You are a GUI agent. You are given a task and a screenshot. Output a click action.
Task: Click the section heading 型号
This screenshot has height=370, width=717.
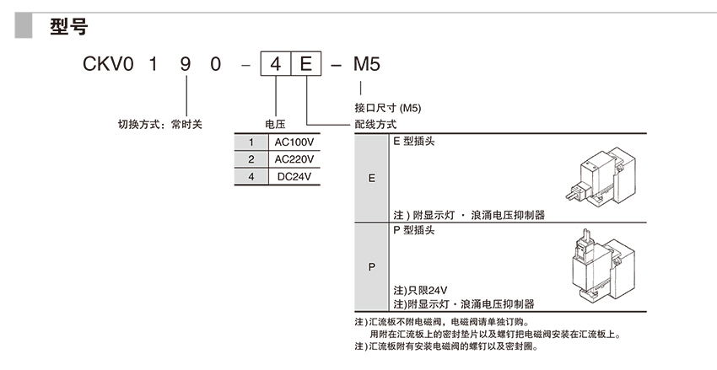68,28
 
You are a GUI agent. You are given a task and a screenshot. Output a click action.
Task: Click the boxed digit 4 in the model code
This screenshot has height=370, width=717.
276,63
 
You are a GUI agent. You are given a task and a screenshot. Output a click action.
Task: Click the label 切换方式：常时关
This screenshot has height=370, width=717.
160,124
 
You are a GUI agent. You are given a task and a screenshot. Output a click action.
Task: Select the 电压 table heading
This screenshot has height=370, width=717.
276,124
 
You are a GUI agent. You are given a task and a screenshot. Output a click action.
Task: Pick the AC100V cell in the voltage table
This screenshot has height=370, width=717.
294,142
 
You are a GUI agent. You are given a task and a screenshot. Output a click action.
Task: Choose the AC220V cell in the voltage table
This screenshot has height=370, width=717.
294,158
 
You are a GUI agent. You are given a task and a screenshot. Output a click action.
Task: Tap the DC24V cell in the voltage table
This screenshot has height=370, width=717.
294,176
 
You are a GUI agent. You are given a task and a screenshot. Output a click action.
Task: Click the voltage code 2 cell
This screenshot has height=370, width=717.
251,158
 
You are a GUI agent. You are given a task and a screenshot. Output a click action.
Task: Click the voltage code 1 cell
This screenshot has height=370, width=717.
251,142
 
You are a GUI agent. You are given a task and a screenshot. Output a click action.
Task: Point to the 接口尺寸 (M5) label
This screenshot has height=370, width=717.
387,109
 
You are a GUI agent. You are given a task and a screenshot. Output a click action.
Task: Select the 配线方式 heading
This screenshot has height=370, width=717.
375,124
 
